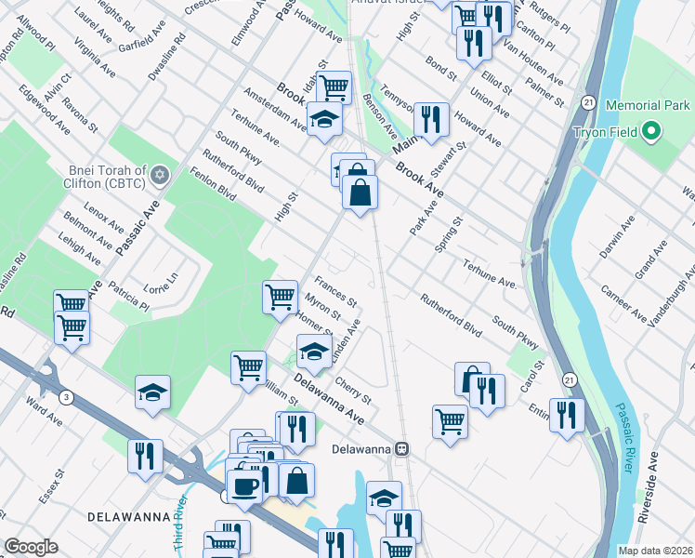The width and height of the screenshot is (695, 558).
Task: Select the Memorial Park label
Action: pos(647,106)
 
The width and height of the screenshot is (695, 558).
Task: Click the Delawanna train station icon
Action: pos(401,447)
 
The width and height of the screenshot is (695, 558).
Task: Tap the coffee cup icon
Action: pos(244,485)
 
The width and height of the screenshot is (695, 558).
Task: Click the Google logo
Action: pos(32,548)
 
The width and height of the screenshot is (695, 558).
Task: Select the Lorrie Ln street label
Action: pos(160,282)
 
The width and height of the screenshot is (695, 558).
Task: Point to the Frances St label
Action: pos(335,291)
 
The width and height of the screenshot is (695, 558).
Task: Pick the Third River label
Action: pos(184,511)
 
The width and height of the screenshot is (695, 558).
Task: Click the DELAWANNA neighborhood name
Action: pos(128,516)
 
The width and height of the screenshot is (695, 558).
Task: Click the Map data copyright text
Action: pos(655,551)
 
